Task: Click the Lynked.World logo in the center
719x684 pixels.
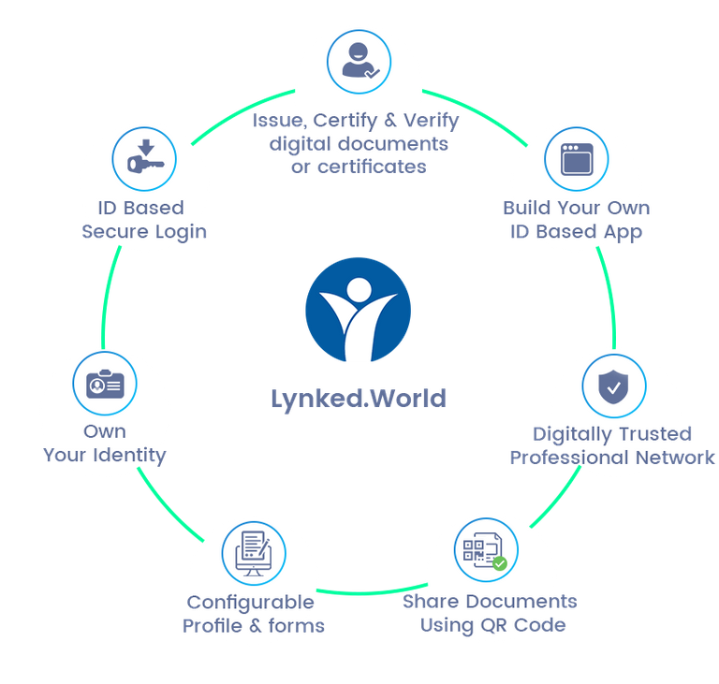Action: click(x=358, y=312)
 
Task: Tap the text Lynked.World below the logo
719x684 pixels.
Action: click(x=359, y=399)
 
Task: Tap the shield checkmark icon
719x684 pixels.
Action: click(x=613, y=386)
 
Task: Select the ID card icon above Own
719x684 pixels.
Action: click(x=105, y=385)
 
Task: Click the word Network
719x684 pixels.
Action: click(x=668, y=458)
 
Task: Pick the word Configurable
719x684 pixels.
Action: click(x=250, y=603)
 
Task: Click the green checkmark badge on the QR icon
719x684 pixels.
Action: click(x=500, y=563)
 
